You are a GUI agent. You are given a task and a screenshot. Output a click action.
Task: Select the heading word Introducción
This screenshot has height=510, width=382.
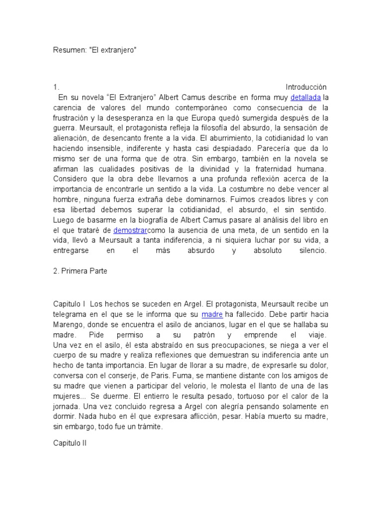(306, 87)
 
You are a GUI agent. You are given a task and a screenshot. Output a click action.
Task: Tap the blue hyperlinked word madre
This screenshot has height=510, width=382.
(212, 314)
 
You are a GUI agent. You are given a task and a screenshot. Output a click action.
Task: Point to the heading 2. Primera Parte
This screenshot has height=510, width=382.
(80, 271)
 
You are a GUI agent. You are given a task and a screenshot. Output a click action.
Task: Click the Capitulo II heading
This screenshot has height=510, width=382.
(70, 441)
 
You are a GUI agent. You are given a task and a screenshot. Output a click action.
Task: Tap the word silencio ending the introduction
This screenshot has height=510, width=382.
(309, 251)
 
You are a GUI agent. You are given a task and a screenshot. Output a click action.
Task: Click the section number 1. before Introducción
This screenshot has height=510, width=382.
(56, 87)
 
